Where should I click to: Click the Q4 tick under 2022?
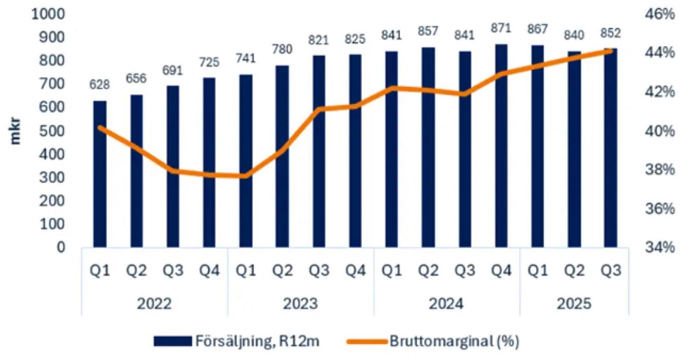tap(209, 271)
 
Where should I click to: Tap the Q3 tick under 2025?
tap(610, 271)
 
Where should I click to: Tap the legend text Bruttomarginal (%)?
tap(454, 341)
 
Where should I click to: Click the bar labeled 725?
tap(209, 163)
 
